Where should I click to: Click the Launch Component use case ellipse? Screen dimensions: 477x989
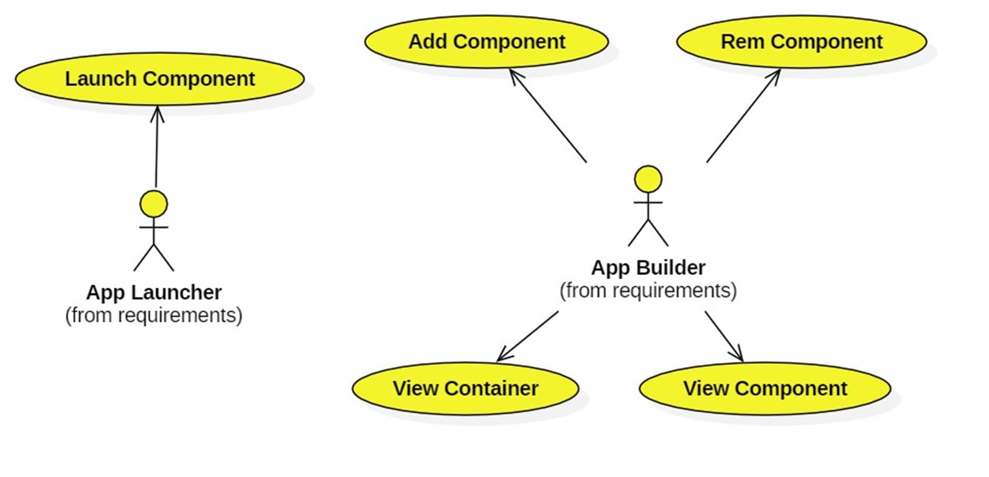click(159, 78)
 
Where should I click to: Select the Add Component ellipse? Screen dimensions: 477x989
click(487, 41)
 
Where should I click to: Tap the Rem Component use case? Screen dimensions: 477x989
click(801, 41)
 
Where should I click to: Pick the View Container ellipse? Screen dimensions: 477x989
click(465, 388)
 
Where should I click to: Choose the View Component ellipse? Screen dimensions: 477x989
click(765, 388)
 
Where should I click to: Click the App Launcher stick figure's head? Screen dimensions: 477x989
click(154, 204)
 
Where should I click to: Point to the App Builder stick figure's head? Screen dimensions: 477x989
click(648, 179)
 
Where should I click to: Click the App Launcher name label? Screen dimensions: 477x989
click(154, 292)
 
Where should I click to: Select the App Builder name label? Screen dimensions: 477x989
click(648, 268)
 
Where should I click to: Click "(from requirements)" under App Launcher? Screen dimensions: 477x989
click(154, 315)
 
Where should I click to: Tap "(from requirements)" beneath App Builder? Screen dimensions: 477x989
click(648, 291)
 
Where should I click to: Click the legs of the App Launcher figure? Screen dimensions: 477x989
click(154, 259)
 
